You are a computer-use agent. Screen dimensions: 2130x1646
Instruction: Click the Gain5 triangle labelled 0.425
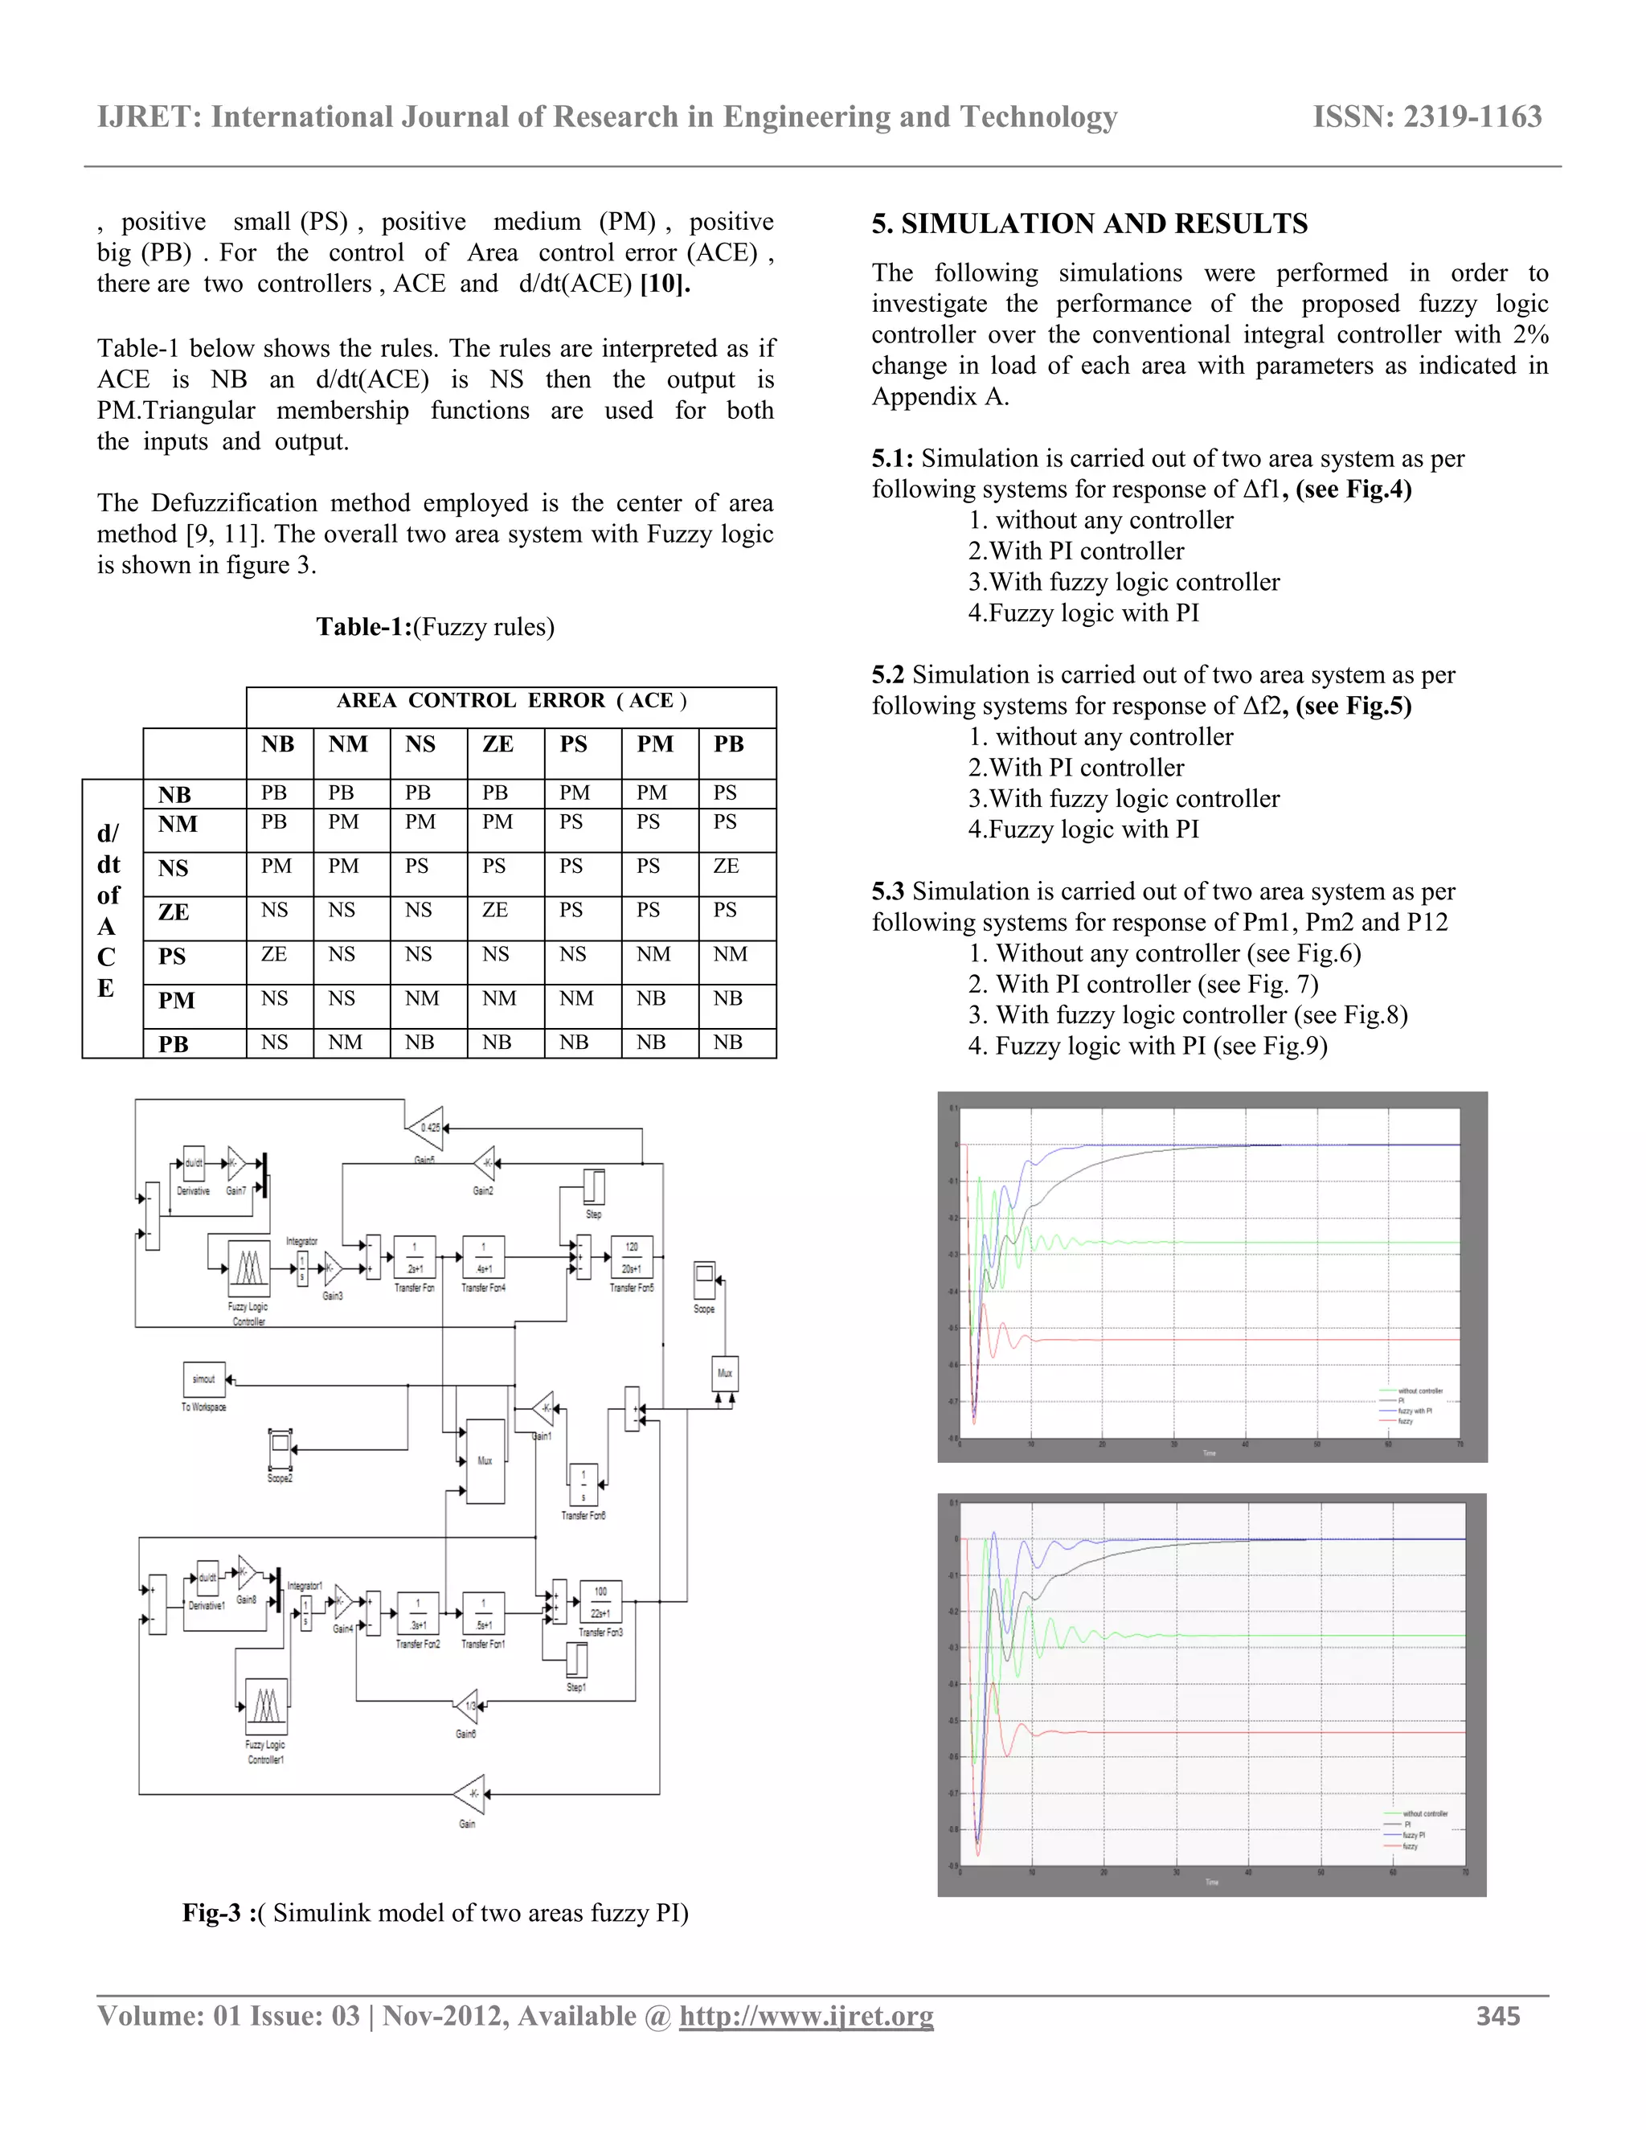426,1128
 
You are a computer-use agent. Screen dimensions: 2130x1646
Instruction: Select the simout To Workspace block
204,1379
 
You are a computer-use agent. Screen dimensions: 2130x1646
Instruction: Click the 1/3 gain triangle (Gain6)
467,1706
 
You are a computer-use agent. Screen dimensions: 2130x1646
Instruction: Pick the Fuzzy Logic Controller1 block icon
266,1705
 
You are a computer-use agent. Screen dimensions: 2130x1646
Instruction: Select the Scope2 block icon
280,1448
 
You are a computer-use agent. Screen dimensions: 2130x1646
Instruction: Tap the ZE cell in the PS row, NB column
274,954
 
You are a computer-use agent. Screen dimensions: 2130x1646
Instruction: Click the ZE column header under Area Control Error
497,745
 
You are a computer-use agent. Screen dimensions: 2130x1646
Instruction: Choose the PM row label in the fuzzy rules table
177,1001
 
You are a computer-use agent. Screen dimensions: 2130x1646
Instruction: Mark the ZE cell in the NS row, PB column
727,866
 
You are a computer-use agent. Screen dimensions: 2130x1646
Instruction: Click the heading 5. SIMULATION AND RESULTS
1089,223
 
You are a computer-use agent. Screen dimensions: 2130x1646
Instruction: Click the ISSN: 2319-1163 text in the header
1427,117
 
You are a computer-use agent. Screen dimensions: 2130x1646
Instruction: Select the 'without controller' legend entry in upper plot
1420,1391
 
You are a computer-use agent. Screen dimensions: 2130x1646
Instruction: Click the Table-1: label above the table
362,626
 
